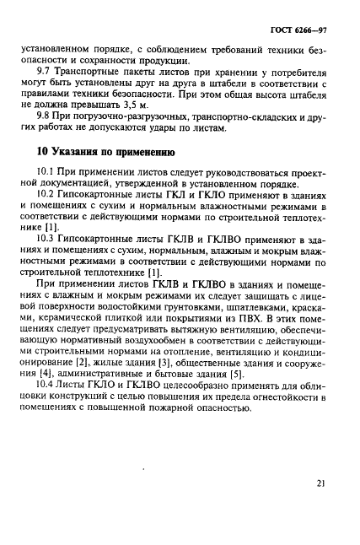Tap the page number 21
tap(321, 483)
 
